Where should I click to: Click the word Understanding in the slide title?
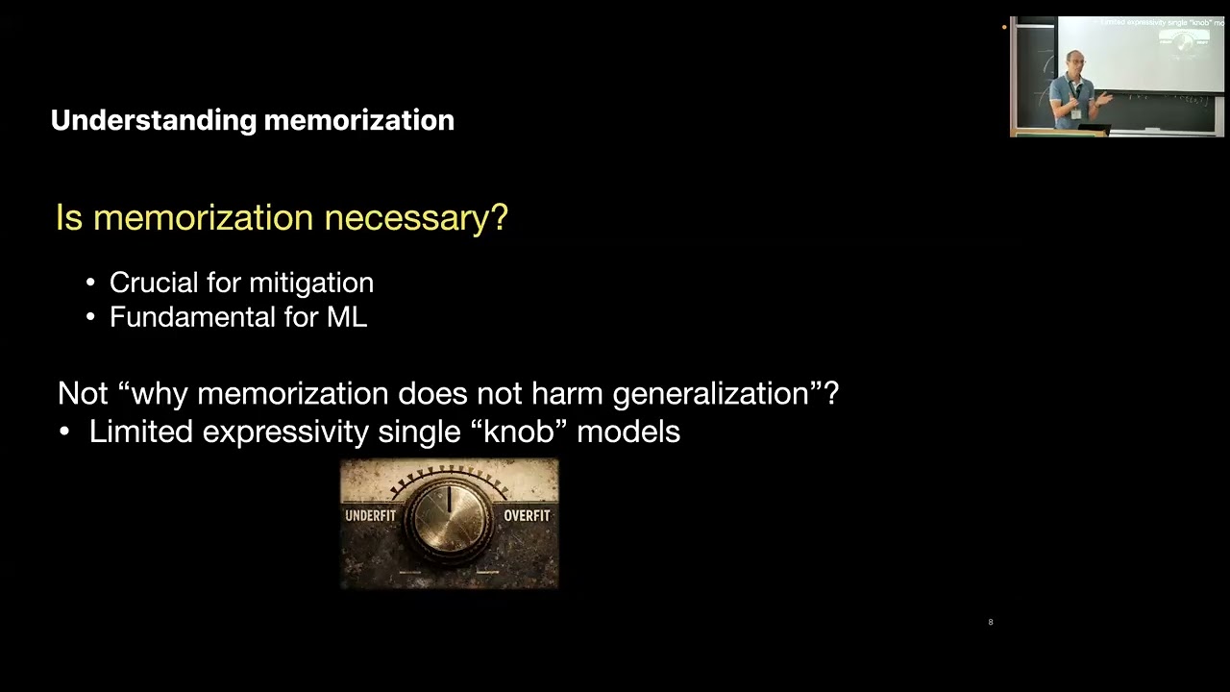(x=154, y=121)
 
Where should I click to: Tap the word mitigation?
(x=311, y=284)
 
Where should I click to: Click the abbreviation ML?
(x=347, y=317)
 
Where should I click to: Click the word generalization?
(x=711, y=394)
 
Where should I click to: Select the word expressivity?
(x=285, y=432)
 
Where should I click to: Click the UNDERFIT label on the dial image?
(x=371, y=516)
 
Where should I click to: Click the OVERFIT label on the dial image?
(x=527, y=516)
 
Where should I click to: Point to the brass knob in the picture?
(x=449, y=520)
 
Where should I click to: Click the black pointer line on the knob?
(x=449, y=499)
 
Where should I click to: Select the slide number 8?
(x=991, y=622)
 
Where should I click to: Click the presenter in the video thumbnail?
(x=1076, y=90)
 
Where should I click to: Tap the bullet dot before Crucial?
(x=90, y=284)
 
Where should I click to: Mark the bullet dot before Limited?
(x=64, y=432)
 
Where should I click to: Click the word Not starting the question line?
(x=83, y=393)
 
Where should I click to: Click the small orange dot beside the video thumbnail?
(x=1004, y=27)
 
